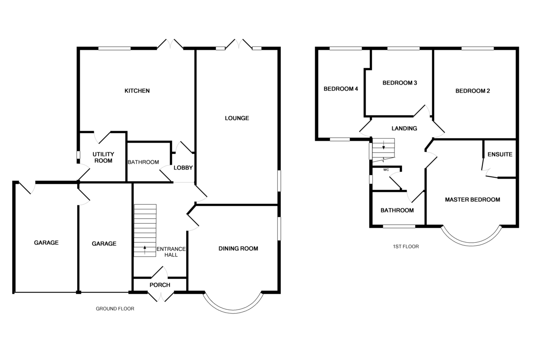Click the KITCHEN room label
[x=137, y=91]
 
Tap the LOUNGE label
[x=237, y=118]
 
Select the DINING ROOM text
[x=238, y=249]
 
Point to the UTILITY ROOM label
[x=103, y=157]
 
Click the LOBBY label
[x=183, y=168]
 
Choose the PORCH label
[x=160, y=285]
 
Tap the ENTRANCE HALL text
[x=171, y=252]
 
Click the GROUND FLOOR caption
[x=115, y=309]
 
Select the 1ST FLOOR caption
[x=406, y=247]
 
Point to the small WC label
[x=386, y=170]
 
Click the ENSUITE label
[x=500, y=154]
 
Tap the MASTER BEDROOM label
[x=472, y=200]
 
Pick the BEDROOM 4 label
[x=341, y=89]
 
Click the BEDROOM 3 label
[x=400, y=83]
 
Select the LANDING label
[x=404, y=129]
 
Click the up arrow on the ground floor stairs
[x=145, y=250]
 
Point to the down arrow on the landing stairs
[x=384, y=145]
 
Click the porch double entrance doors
[x=161, y=297]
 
